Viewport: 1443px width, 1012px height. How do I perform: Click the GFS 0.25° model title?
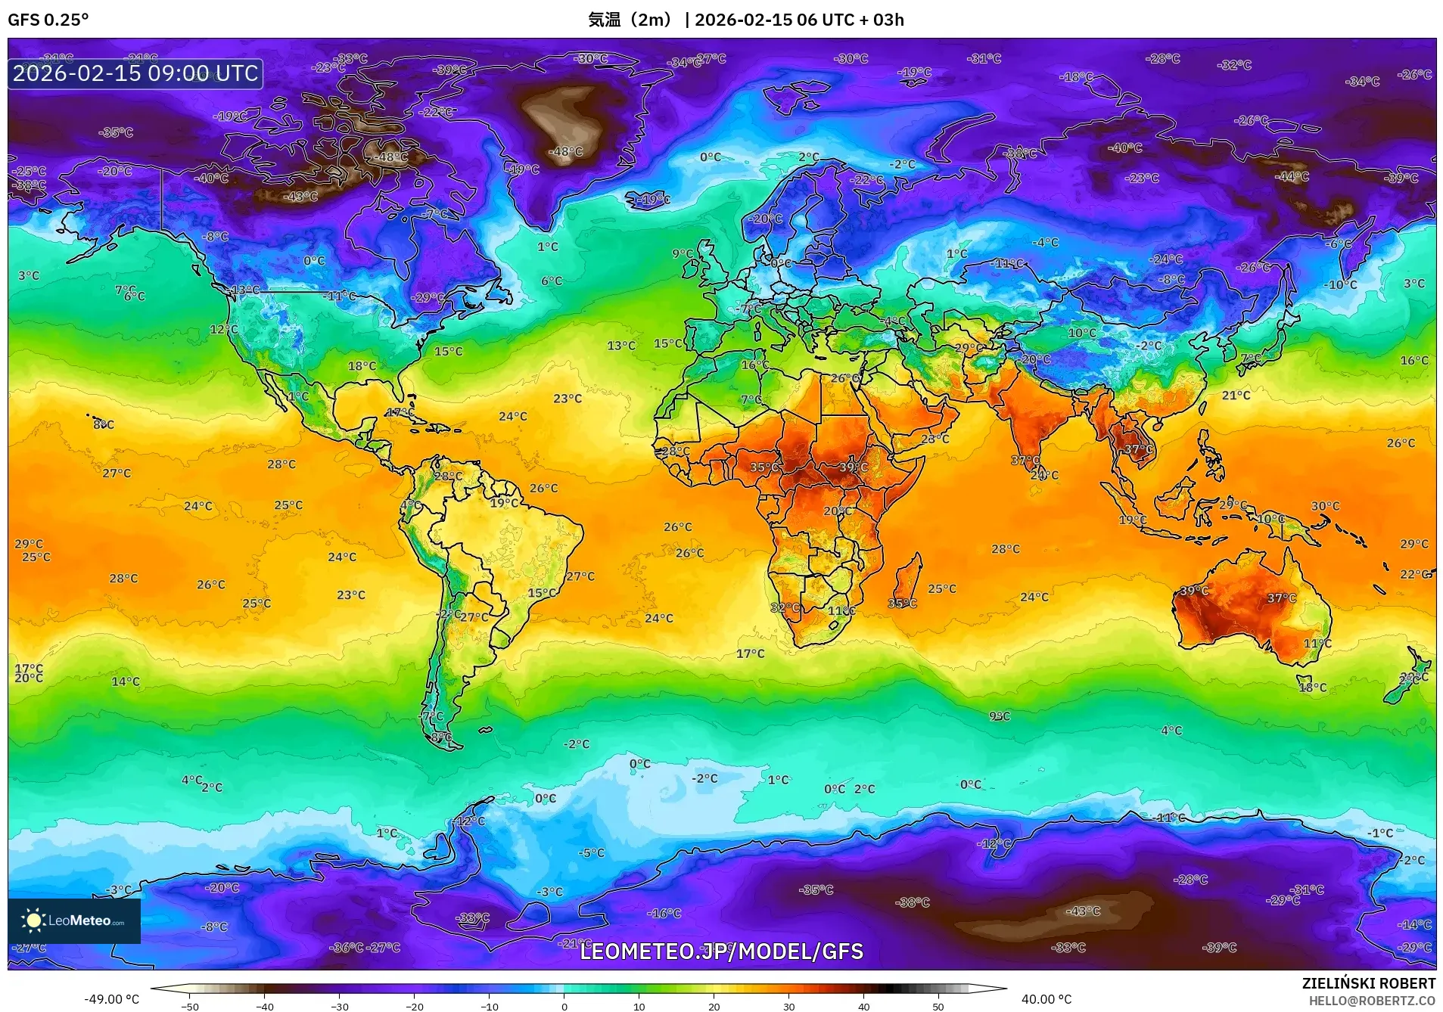48,20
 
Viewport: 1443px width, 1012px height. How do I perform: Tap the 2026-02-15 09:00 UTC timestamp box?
135,74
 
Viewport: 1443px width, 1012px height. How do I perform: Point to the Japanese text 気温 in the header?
605,20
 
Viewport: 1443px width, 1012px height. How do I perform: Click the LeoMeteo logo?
74,920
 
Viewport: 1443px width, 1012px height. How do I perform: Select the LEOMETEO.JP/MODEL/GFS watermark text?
721,951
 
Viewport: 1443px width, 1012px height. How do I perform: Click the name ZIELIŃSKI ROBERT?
1368,983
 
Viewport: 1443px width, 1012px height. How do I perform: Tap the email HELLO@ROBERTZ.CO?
1371,1001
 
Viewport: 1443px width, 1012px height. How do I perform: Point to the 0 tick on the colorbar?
564,1007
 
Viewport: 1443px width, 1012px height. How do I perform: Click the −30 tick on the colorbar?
340,1007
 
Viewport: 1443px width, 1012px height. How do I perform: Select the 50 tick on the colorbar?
938,1007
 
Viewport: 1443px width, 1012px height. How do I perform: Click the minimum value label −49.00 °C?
111,999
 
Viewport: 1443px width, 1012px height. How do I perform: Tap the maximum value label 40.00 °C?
1046,999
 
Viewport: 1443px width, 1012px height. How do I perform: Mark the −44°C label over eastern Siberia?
1292,177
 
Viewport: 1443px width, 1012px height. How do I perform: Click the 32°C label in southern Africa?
785,607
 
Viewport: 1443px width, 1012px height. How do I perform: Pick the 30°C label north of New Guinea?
1325,506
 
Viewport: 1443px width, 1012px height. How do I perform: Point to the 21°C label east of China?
1236,396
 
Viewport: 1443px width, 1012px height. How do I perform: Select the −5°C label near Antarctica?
591,852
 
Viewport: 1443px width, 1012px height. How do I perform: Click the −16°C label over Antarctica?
664,913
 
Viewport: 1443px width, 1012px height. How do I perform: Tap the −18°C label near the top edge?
1076,77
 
